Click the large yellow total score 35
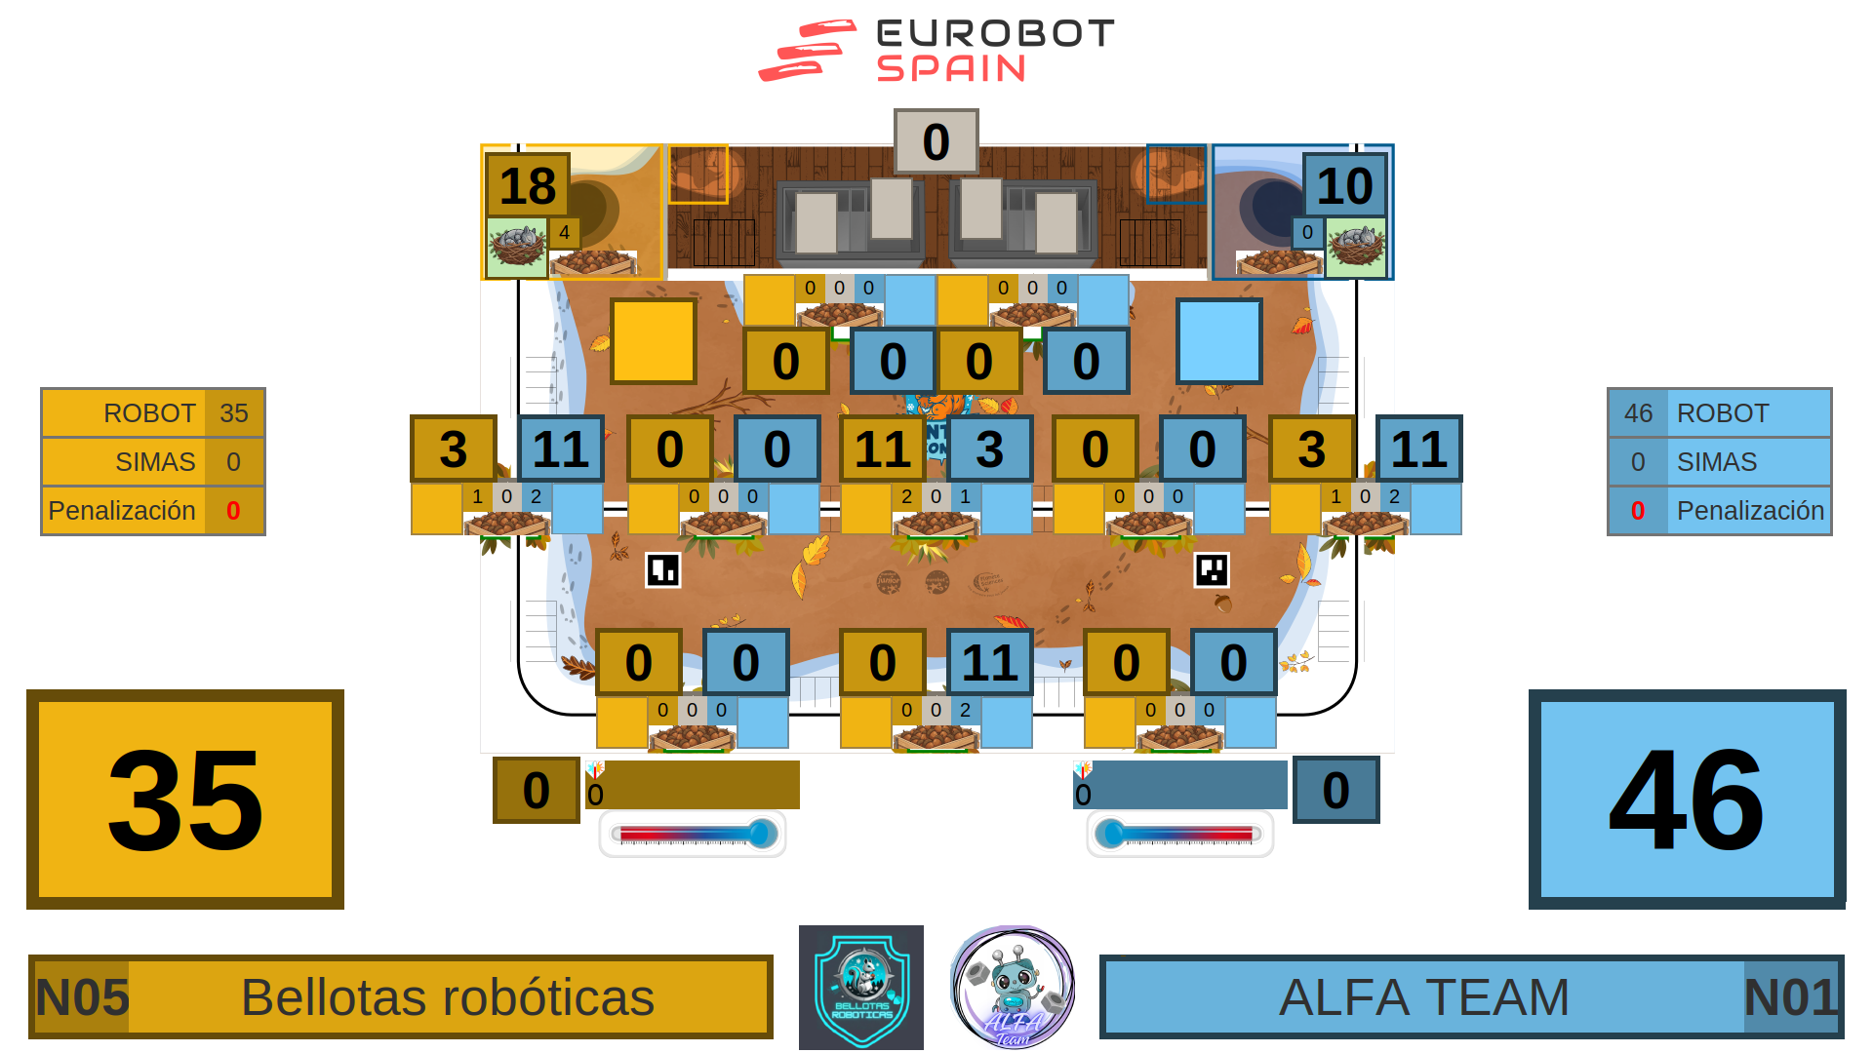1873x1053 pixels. (x=185, y=799)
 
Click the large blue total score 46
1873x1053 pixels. (x=1687, y=799)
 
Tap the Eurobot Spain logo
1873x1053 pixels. (x=936, y=51)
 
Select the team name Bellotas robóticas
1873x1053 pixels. (x=448, y=997)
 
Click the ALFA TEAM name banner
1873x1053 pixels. (x=1423, y=997)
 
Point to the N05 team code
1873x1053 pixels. (x=82, y=997)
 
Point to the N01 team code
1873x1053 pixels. (x=1790, y=997)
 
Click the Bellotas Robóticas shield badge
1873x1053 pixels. (x=861, y=988)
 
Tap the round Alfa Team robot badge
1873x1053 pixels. (x=1013, y=988)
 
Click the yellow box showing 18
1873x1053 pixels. (x=527, y=185)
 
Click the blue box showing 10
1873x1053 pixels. (x=1344, y=185)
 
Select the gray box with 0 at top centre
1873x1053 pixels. (x=936, y=141)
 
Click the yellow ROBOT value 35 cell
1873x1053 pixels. (x=234, y=413)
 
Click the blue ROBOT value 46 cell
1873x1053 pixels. (x=1638, y=413)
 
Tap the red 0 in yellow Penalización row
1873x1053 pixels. (x=233, y=511)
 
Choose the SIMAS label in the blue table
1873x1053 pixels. (x=1717, y=462)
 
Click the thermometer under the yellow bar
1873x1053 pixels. (x=693, y=835)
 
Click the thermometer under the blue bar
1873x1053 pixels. (x=1179, y=835)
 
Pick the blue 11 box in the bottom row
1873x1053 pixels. (x=989, y=663)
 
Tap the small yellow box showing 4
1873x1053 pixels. (x=564, y=233)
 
